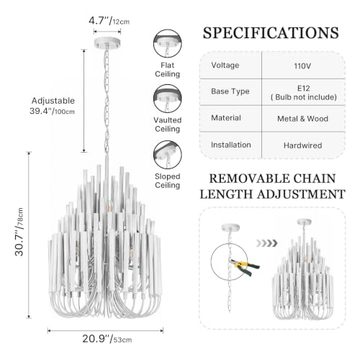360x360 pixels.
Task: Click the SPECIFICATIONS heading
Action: (271, 33)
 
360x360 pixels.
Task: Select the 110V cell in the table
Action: (302, 66)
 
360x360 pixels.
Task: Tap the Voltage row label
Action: (225, 66)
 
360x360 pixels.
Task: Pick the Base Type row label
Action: (230, 91)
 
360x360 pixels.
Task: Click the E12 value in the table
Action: (304, 89)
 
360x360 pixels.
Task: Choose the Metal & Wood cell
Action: (302, 119)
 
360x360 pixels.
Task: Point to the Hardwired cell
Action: (302, 145)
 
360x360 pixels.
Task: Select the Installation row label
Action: (231, 145)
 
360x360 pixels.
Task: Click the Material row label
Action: (226, 118)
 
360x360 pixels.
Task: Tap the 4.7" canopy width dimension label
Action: (109, 21)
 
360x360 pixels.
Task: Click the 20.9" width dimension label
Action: (107, 339)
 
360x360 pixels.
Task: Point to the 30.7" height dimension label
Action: (19, 233)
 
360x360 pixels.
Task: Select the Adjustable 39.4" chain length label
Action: (53, 106)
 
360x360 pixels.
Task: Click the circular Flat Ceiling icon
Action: (168, 44)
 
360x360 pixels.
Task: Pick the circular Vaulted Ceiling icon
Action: (168, 99)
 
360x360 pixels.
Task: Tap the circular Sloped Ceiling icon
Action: (168, 155)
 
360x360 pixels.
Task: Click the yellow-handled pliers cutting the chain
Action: (246, 266)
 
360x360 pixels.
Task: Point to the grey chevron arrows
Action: (266, 243)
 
